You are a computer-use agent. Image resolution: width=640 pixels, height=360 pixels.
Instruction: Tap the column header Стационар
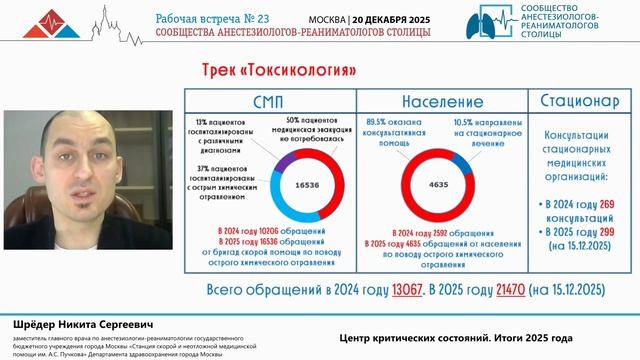click(x=585, y=101)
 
